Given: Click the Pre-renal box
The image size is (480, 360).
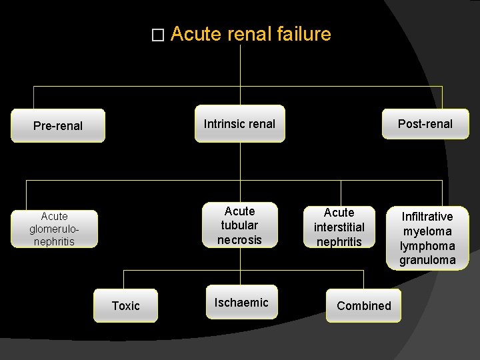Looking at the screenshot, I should [x=58, y=126].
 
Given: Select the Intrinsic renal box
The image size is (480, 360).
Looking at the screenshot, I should [x=239, y=123].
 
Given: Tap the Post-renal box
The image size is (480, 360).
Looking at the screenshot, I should [x=425, y=123].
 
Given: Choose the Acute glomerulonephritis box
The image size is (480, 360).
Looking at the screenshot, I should [x=54, y=229].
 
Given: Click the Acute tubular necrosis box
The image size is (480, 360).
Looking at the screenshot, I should [x=239, y=225].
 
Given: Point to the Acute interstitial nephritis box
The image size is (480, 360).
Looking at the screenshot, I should [x=339, y=227].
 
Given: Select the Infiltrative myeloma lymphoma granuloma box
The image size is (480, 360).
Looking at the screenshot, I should [x=427, y=238].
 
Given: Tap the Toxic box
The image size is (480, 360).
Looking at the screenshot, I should [x=125, y=305].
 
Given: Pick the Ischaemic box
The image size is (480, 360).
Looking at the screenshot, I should [x=241, y=303].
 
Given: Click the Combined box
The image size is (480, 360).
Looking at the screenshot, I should [x=363, y=305].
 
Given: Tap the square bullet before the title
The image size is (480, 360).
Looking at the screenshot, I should [x=157, y=35].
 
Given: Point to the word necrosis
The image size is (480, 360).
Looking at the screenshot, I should [x=239, y=239].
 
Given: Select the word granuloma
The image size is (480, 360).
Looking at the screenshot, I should [x=427, y=260].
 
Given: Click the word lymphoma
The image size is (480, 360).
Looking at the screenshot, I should [x=427, y=245].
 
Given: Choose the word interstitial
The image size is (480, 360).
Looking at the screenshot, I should [x=339, y=227].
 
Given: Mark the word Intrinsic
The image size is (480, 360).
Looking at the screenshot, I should [x=224, y=123].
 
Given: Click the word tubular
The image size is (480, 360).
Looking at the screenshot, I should [x=239, y=225].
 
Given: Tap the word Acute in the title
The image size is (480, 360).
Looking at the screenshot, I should [x=196, y=34].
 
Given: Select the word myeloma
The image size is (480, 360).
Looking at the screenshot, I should [x=427, y=231].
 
